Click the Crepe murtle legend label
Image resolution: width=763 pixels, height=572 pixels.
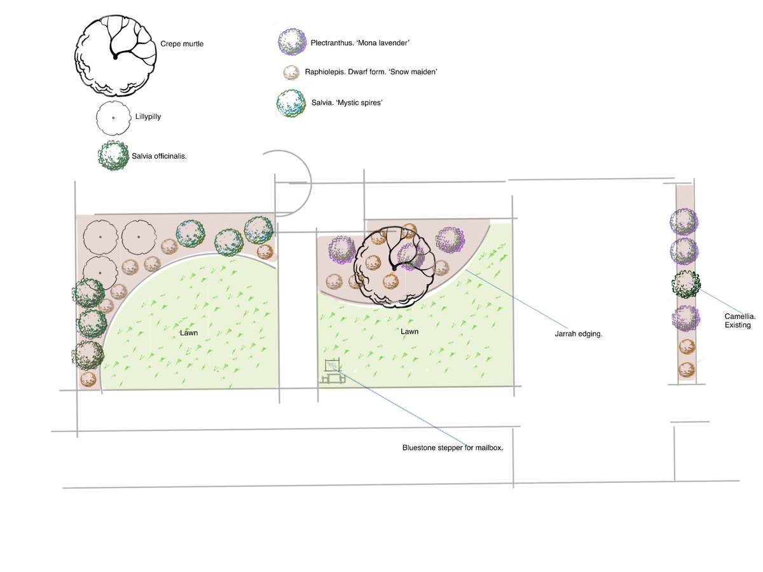click(x=181, y=44)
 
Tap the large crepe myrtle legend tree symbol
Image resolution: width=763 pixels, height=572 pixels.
click(x=116, y=55)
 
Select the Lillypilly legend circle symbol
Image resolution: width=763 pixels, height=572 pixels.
click(x=113, y=118)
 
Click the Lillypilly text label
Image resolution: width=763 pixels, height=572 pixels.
click(x=148, y=117)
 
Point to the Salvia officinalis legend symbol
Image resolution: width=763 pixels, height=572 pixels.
click(x=113, y=156)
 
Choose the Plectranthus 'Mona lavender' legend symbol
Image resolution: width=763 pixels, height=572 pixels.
click(x=292, y=42)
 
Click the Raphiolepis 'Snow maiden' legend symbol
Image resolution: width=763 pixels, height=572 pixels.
click(x=291, y=72)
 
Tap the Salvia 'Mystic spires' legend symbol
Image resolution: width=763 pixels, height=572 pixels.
click(x=291, y=103)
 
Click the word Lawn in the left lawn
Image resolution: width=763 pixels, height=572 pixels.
click(x=189, y=332)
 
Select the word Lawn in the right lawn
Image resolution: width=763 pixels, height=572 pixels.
click(x=409, y=331)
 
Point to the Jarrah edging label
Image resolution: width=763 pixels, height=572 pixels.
click(x=579, y=334)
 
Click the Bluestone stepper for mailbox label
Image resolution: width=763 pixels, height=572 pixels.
click(x=453, y=447)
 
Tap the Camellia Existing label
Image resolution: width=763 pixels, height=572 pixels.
click(x=739, y=320)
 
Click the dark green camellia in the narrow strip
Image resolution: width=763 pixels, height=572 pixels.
click(x=685, y=284)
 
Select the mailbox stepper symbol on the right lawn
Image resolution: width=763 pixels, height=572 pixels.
click(x=333, y=372)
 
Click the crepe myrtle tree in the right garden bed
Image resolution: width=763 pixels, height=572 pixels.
click(x=394, y=268)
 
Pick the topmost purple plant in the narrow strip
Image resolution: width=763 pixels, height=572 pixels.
click(x=684, y=222)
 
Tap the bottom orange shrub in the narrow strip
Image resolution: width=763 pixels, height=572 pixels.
click(x=687, y=370)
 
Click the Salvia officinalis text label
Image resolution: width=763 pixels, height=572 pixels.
click(x=159, y=156)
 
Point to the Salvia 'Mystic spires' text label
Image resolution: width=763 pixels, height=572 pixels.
click(x=347, y=103)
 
